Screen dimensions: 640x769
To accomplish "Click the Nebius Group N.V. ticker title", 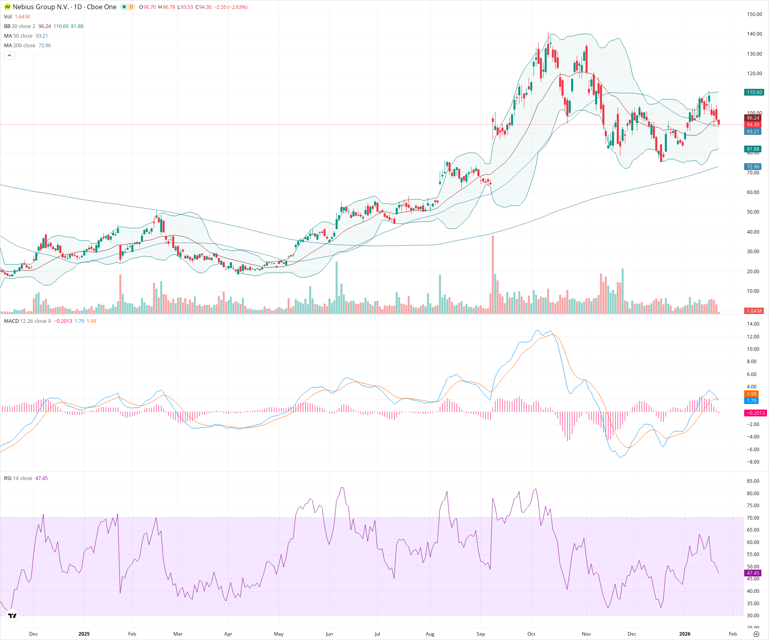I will (x=64, y=7).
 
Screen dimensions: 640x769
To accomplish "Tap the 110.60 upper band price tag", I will (x=754, y=92).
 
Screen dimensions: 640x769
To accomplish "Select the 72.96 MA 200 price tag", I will (x=753, y=166).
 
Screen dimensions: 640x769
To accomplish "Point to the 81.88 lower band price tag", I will (x=753, y=149).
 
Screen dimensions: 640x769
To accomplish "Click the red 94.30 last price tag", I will (x=753, y=125).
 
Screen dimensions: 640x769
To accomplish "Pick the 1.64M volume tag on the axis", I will (x=754, y=311).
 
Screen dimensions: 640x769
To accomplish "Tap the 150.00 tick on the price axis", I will (x=754, y=14).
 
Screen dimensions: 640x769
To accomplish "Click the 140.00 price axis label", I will (x=754, y=34).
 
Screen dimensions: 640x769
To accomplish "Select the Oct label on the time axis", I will (x=531, y=634).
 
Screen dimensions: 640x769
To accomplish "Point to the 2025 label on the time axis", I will (x=84, y=634).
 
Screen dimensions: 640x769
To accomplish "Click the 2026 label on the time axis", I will (x=684, y=634).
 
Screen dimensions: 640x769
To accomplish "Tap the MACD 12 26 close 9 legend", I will (x=27, y=321).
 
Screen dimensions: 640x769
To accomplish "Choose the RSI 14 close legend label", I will (x=18, y=478).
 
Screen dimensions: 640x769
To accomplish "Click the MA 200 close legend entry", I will (x=20, y=46).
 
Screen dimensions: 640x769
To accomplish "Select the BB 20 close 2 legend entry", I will (x=20, y=26).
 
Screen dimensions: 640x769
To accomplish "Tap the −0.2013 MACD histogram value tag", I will (x=755, y=413).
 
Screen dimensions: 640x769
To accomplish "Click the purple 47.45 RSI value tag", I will (x=753, y=573).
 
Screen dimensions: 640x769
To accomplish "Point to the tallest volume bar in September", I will (x=493, y=276).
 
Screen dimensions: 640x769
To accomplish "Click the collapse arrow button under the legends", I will (x=9, y=56).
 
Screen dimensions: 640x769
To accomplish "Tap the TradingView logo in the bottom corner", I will (x=12, y=616).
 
